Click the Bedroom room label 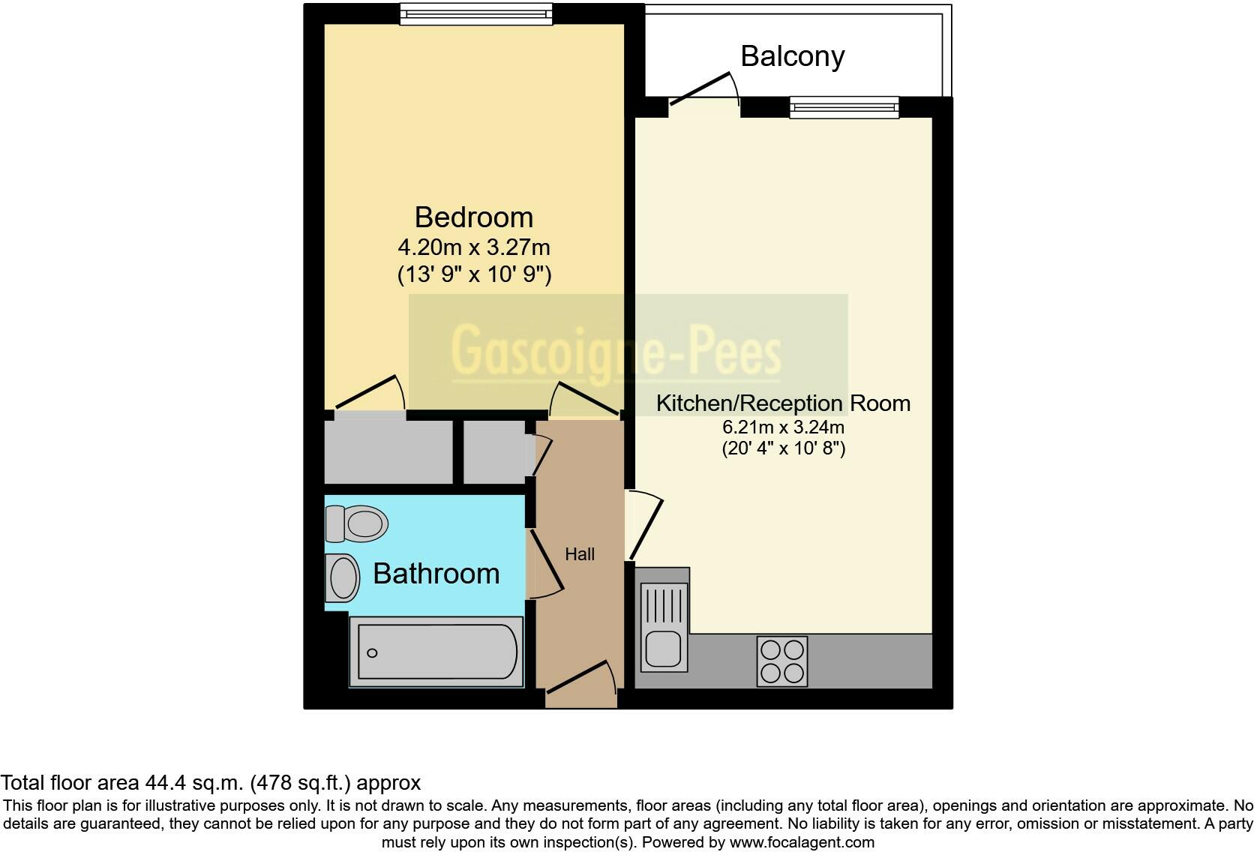pyautogui.click(x=473, y=217)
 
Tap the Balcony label pyautogui.click(x=792, y=56)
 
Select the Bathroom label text pyautogui.click(x=436, y=574)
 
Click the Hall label pyautogui.click(x=580, y=554)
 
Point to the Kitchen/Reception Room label pyautogui.click(x=783, y=403)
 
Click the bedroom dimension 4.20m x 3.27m pyautogui.click(x=473, y=247)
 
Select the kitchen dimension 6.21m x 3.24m pyautogui.click(x=783, y=427)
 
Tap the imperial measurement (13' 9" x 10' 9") pyautogui.click(x=474, y=274)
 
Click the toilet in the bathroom pyautogui.click(x=358, y=523)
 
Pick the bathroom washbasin pyautogui.click(x=342, y=578)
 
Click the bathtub pyautogui.click(x=436, y=652)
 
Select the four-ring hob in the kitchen pyautogui.click(x=782, y=661)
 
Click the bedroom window pyautogui.click(x=475, y=13)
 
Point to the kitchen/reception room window pyautogui.click(x=844, y=107)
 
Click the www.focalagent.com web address pyautogui.click(x=801, y=842)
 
